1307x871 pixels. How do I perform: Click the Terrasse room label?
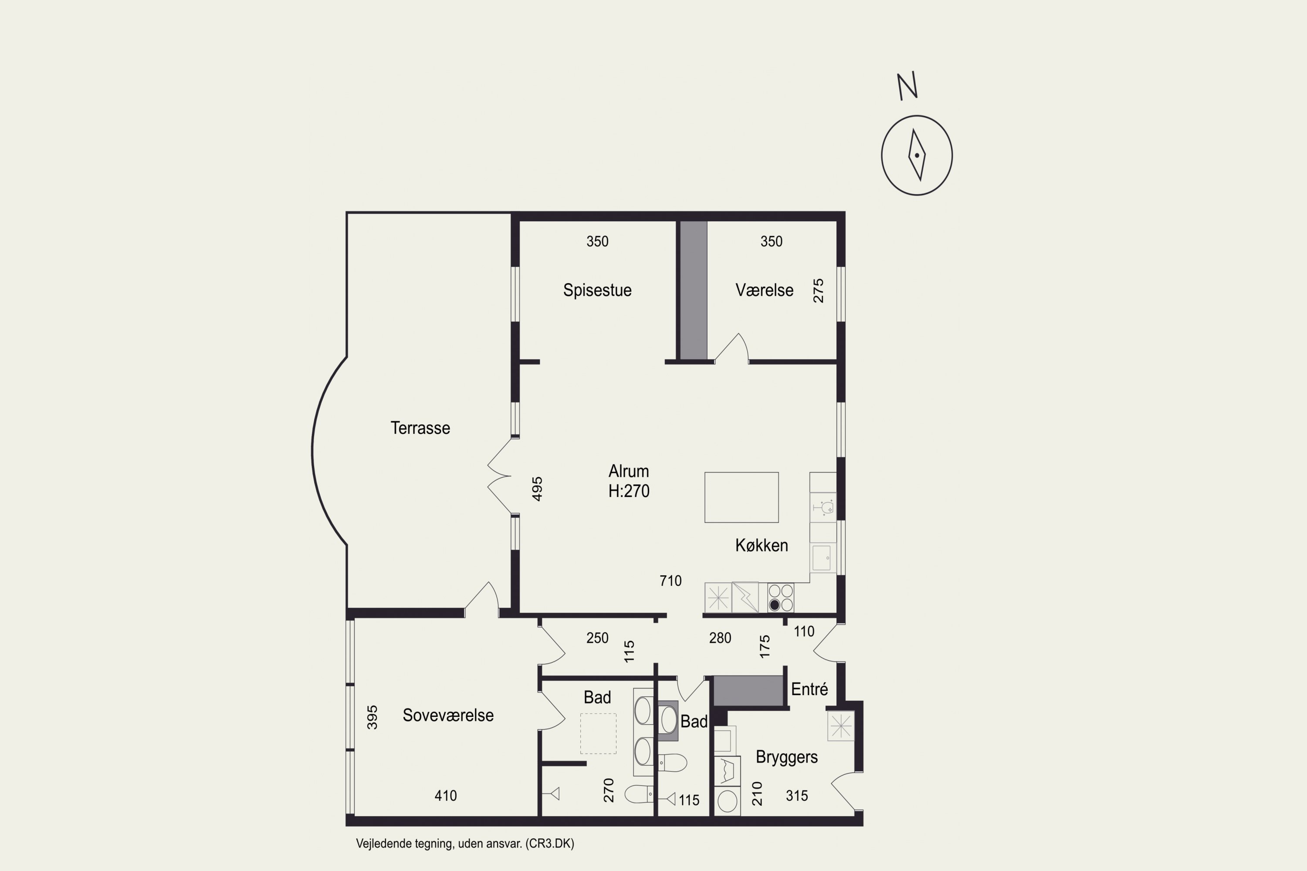420,428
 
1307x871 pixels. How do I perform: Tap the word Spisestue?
597,290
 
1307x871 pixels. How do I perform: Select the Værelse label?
764,290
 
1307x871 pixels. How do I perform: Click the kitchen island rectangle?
742,497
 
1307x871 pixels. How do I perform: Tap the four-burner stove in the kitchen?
780,598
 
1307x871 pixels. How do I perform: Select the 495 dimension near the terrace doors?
537,489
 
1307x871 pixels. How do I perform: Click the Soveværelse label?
448,716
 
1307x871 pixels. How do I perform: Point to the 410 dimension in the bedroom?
446,796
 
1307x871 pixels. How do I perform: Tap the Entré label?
809,689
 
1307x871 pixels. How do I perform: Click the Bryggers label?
786,758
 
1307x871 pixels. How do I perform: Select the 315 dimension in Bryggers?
796,796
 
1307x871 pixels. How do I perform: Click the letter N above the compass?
907,87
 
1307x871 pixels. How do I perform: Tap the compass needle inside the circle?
917,155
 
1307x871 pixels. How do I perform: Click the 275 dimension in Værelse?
818,291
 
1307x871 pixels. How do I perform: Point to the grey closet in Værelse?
694,290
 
